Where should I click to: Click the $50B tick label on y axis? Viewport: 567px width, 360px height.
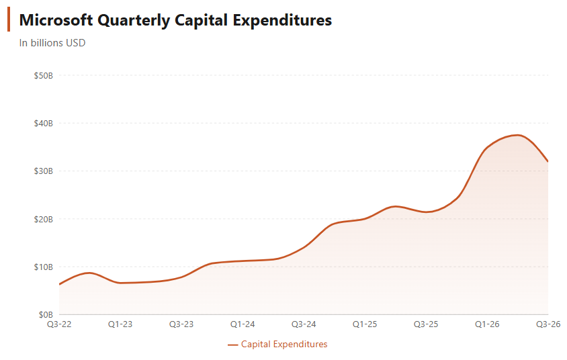pyautogui.click(x=44, y=75)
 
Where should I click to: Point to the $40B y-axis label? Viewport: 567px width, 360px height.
pyautogui.click(x=44, y=123)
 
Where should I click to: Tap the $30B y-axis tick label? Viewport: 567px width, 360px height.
pyautogui.click(x=44, y=171)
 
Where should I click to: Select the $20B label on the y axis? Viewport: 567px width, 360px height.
pyautogui.click(x=44, y=219)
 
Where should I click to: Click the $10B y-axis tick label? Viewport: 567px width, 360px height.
pyautogui.click(x=44, y=267)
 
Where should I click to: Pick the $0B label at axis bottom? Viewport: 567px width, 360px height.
pyautogui.click(x=46, y=314)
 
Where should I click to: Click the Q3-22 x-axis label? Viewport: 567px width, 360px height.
pyautogui.click(x=58, y=324)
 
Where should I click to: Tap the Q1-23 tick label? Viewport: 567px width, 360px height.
pyautogui.click(x=120, y=324)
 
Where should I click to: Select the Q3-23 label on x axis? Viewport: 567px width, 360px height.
pyautogui.click(x=181, y=324)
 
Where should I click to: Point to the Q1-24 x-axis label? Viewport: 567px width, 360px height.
pyautogui.click(x=243, y=324)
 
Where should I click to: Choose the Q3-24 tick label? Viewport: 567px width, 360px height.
pyautogui.click(x=304, y=324)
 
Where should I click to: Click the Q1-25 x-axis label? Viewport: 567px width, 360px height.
pyautogui.click(x=365, y=324)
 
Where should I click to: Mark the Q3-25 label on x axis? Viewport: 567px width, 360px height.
pyautogui.click(x=426, y=324)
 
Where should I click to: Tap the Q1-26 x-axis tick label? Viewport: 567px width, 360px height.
pyautogui.click(x=487, y=324)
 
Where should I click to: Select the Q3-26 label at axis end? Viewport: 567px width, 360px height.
pyautogui.click(x=548, y=324)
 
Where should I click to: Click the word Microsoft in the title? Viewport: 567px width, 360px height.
pyautogui.click(x=56, y=20)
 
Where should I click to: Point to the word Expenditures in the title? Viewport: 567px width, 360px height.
pyautogui.click(x=282, y=20)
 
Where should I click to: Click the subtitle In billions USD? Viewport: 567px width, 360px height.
pyautogui.click(x=52, y=43)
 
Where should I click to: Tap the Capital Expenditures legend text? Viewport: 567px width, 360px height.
pyautogui.click(x=284, y=344)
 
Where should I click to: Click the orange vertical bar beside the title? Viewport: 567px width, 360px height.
pyautogui.click(x=9, y=20)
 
